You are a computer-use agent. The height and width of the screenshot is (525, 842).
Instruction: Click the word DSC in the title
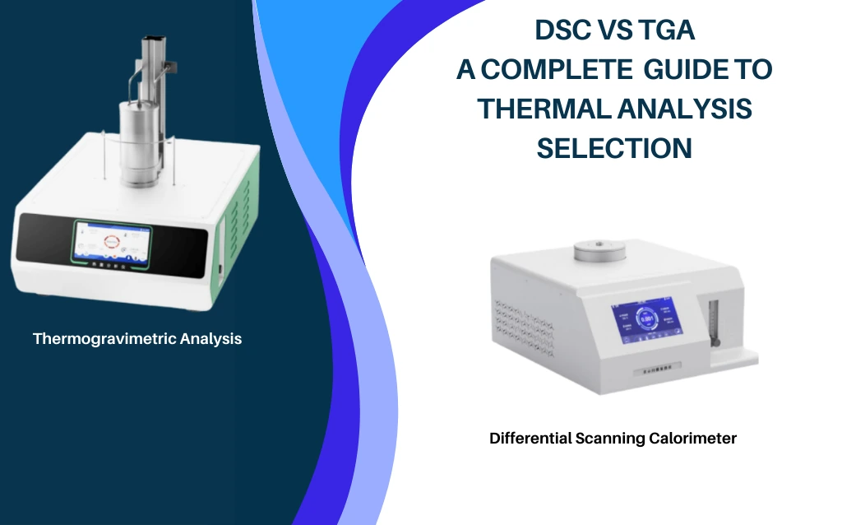566,31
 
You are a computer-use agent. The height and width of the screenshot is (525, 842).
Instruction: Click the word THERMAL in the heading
542,109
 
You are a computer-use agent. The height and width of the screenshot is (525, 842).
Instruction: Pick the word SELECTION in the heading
614,148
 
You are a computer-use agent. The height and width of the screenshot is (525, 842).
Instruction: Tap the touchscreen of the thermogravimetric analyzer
109,243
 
